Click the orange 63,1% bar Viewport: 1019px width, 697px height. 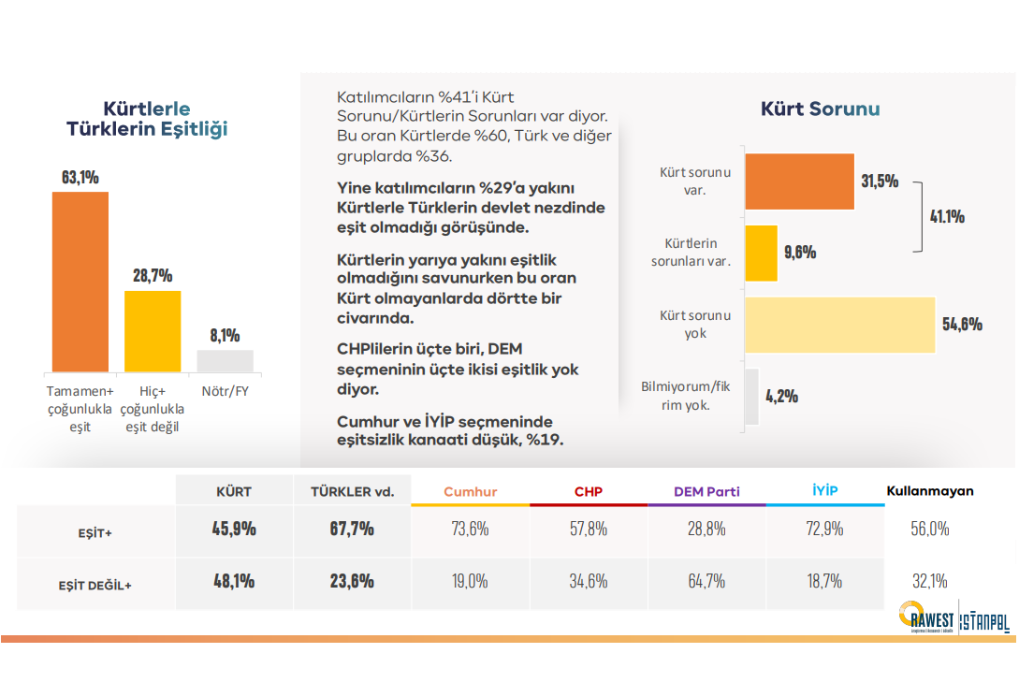[x=80, y=282]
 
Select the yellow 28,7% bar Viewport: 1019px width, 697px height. [x=153, y=331]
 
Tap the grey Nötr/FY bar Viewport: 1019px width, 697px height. [x=225, y=361]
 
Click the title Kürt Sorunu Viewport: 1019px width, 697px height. [x=820, y=109]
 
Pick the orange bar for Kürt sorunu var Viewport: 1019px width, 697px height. [x=800, y=180]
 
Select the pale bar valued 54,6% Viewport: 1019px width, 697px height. [x=840, y=325]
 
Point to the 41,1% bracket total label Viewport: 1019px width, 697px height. [x=947, y=217]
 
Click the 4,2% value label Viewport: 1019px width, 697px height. [x=781, y=396]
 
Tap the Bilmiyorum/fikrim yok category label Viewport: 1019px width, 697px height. [x=686, y=396]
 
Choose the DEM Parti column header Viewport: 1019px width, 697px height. [x=706, y=491]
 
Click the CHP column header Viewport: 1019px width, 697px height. [x=589, y=491]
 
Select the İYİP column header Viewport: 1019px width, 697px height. [x=825, y=490]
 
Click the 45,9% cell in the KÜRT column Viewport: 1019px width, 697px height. [x=234, y=529]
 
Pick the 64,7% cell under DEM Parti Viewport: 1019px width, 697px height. [x=706, y=581]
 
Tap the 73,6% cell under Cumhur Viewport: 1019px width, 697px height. [x=470, y=529]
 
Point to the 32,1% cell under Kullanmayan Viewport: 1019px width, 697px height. [x=929, y=581]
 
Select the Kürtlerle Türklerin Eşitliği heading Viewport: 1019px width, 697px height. [x=147, y=120]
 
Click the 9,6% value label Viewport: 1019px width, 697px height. [x=800, y=253]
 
